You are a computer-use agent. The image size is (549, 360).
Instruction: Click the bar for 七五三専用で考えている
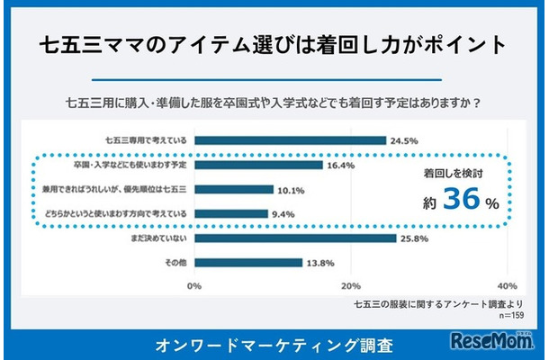(x=289, y=140)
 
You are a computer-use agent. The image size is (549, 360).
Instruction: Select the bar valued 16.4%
(x=257, y=165)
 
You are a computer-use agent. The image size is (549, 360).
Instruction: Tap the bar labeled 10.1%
(x=233, y=190)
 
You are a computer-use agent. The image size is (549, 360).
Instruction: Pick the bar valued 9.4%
(x=229, y=214)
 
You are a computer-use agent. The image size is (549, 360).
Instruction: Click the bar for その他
(x=247, y=263)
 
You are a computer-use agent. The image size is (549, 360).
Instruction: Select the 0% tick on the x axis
(x=193, y=285)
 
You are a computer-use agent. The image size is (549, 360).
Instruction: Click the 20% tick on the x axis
(x=350, y=285)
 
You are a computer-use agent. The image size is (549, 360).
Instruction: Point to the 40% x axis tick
(x=506, y=285)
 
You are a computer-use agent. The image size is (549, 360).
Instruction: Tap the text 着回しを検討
(x=455, y=171)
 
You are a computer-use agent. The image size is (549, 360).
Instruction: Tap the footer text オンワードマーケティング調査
(x=274, y=344)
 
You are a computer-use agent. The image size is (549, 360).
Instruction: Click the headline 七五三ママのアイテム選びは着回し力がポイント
(x=274, y=42)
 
